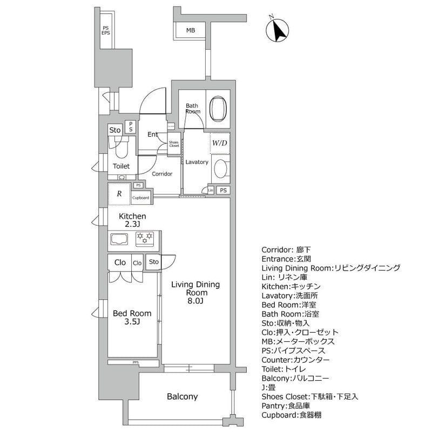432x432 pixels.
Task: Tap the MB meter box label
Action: [190, 31]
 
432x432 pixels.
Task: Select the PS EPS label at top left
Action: [106, 31]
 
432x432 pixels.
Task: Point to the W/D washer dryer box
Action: [220, 143]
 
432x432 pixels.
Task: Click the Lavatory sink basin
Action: [220, 169]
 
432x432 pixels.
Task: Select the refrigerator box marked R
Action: [119, 193]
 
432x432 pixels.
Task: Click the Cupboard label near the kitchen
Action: [141, 198]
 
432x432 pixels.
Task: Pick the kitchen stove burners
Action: [144, 237]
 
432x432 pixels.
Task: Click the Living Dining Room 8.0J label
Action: [196, 292]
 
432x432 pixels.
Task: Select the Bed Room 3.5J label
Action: [132, 318]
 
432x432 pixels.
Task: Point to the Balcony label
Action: [181, 396]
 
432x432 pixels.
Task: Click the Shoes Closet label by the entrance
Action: [174, 144]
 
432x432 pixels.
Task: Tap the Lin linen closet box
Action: [211, 190]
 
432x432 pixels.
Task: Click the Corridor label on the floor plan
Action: [161, 174]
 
